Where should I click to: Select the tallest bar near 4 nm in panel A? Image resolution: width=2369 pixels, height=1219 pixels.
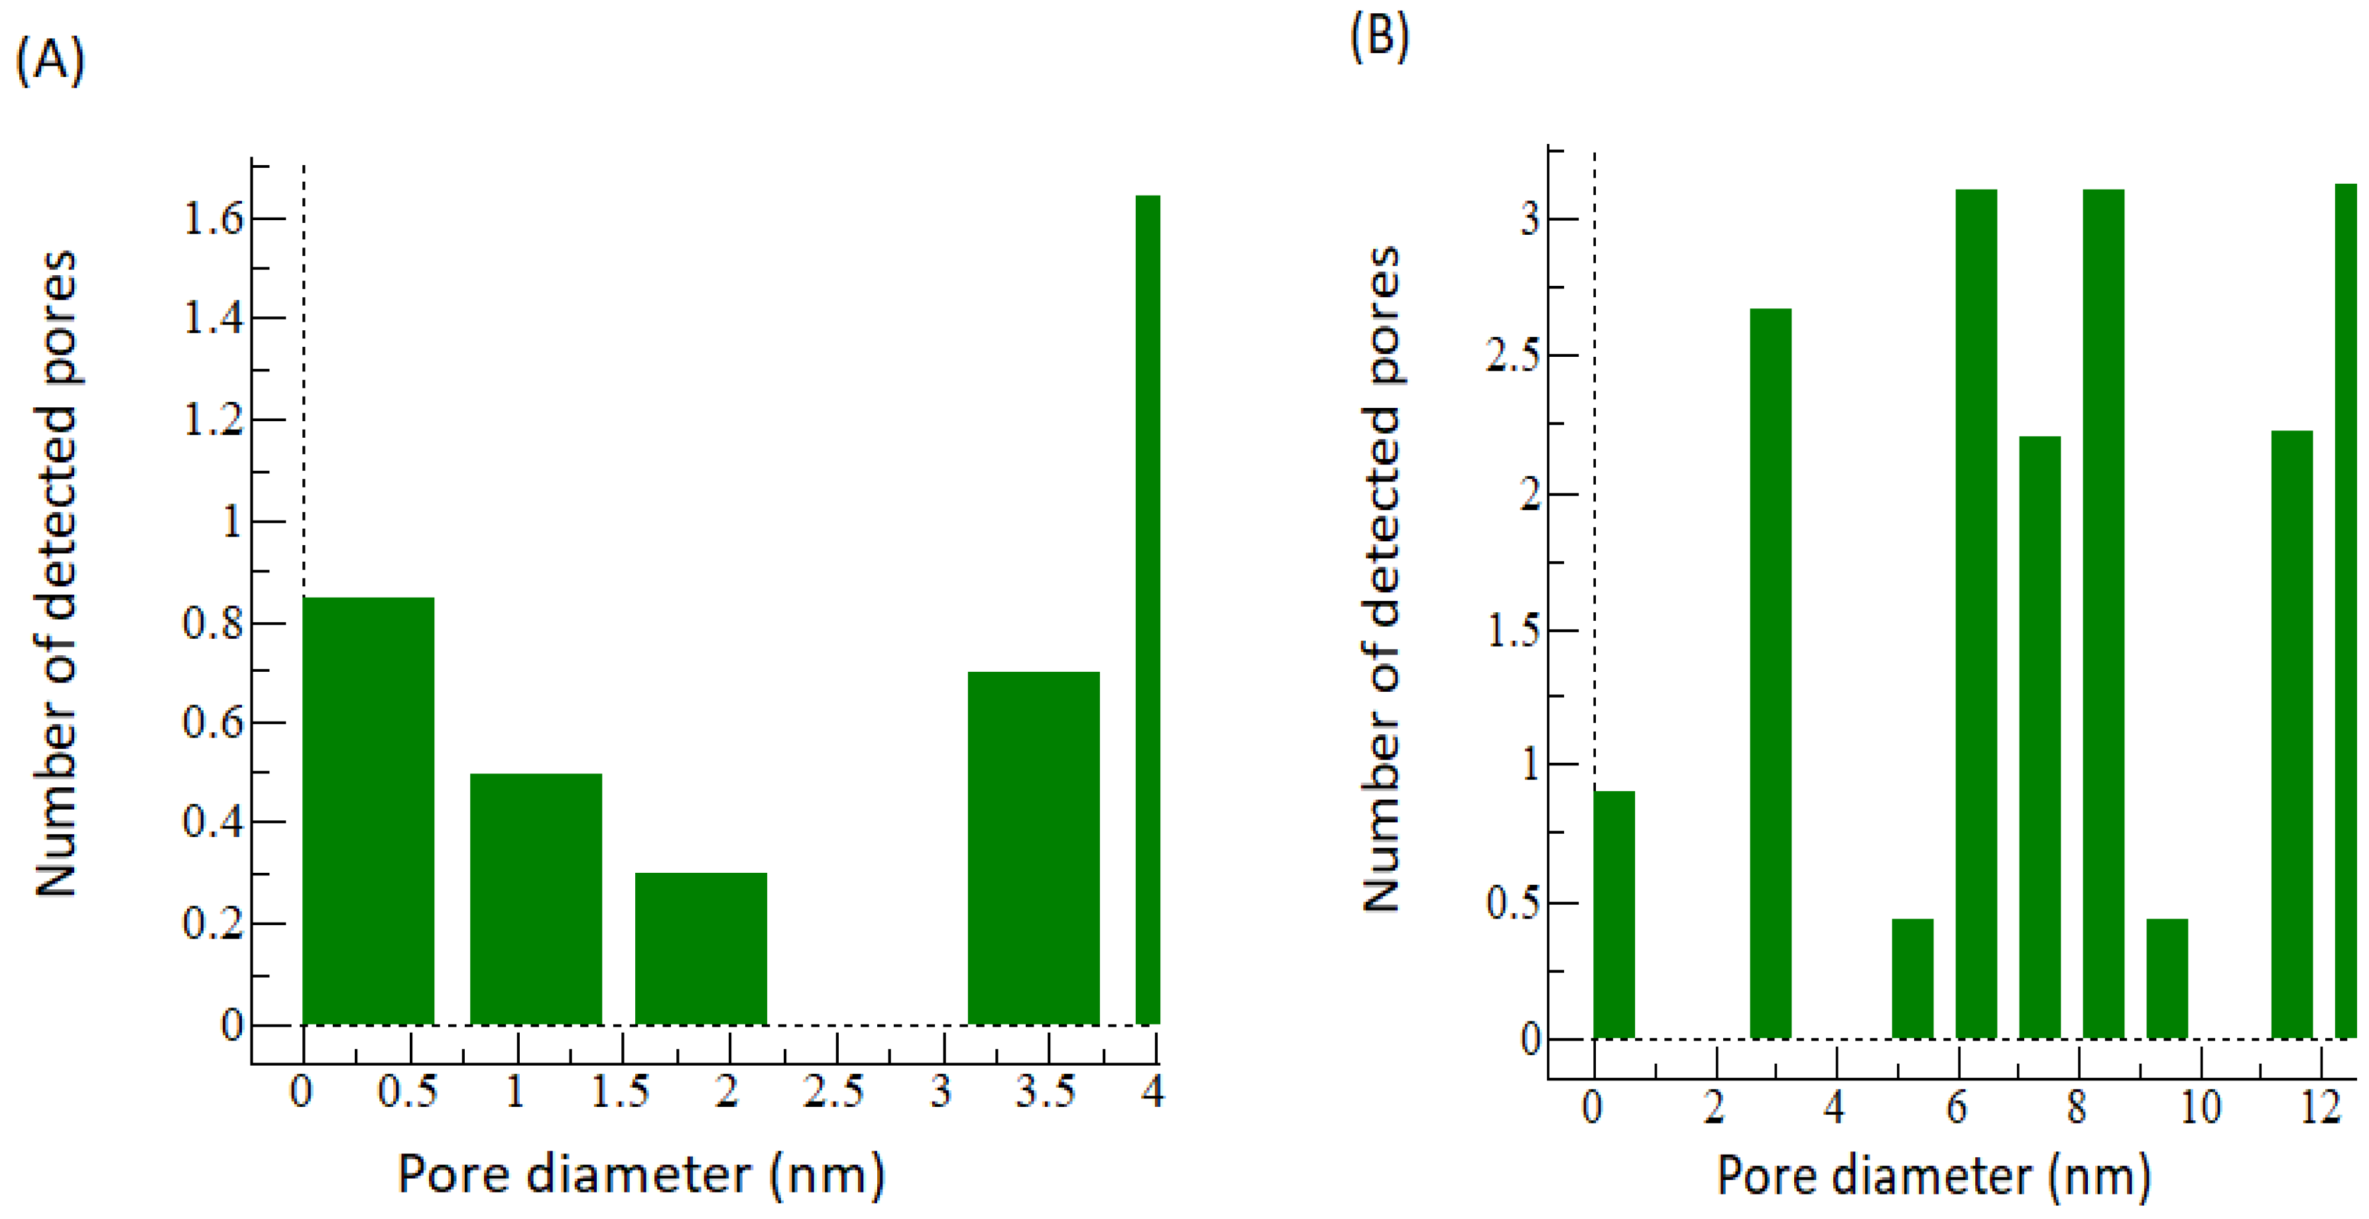point(1148,608)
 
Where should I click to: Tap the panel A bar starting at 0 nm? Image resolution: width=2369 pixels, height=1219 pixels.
point(368,810)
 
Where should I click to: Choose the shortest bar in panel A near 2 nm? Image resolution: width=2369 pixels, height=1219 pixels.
point(701,948)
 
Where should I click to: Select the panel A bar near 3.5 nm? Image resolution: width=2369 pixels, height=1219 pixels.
point(1033,846)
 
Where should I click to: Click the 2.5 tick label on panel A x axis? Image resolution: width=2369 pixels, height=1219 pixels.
point(833,1092)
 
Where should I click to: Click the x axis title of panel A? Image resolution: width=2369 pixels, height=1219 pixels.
point(641,1175)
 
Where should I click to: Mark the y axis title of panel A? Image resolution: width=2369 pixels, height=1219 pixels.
point(57,572)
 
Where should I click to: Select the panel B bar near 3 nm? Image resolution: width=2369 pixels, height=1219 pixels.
point(1770,672)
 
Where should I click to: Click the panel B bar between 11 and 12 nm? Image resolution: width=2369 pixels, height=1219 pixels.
point(2291,734)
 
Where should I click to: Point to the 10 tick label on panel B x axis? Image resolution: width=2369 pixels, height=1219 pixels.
point(2200,1107)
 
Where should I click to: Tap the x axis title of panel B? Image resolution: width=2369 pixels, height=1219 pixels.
point(1934,1177)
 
